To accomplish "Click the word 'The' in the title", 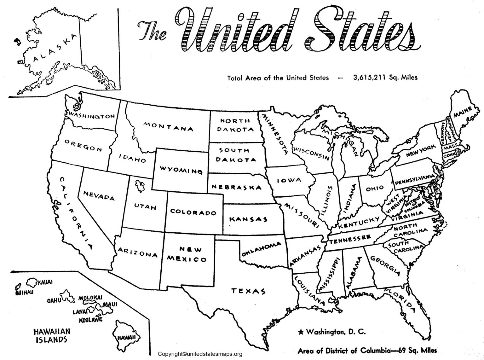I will (153, 32).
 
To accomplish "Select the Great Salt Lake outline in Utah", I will (139, 186).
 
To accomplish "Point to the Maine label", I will (463, 112).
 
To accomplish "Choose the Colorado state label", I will (193, 212).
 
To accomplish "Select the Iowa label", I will (289, 181).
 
